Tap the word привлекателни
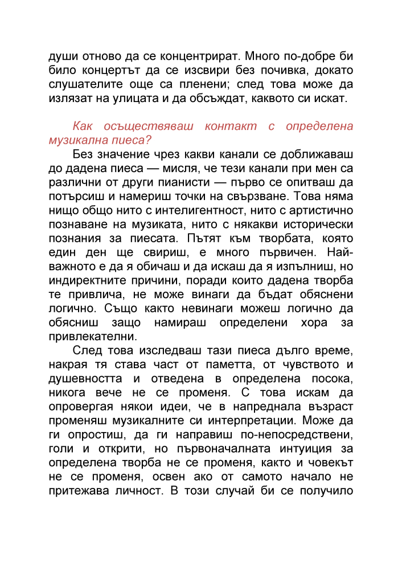click(x=89, y=335)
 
